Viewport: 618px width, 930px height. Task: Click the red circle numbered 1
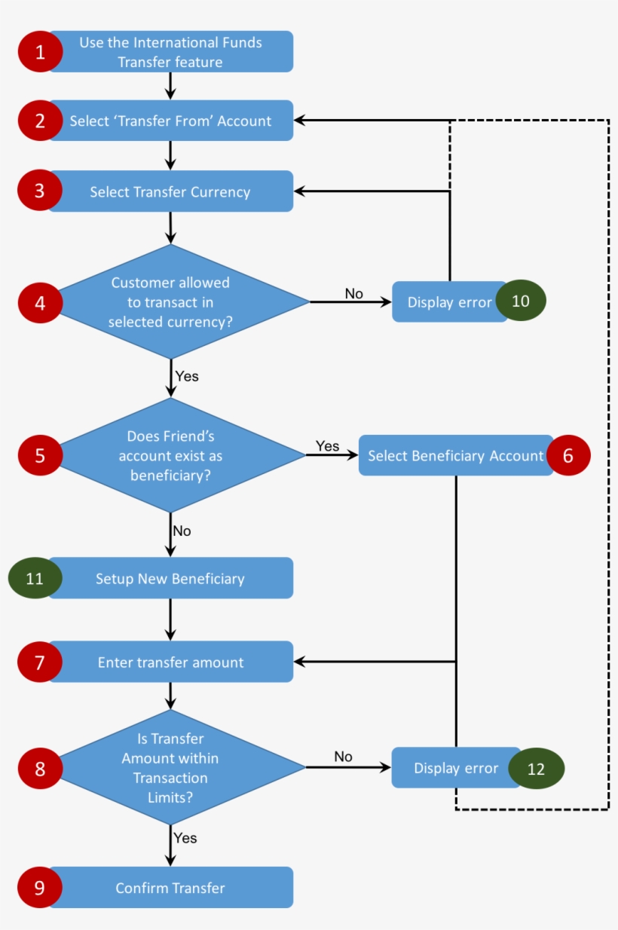click(x=39, y=51)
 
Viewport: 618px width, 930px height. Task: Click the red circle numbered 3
click(x=39, y=191)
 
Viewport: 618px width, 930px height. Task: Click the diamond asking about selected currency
click(x=171, y=302)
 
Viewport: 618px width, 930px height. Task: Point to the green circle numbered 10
click(x=521, y=301)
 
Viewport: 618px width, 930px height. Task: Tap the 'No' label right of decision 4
click(x=353, y=293)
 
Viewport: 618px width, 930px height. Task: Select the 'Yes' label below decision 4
click(x=187, y=375)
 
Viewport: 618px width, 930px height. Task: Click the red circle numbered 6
click(x=568, y=455)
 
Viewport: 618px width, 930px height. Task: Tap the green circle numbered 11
click(x=35, y=578)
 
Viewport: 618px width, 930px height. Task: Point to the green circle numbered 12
click(x=536, y=769)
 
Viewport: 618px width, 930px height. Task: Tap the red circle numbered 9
click(x=39, y=888)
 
